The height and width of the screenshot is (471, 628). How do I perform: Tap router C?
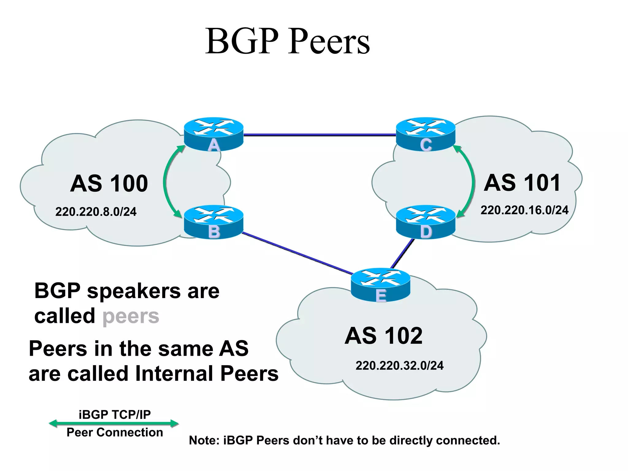(x=426, y=134)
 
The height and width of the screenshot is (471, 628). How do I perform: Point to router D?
(x=426, y=222)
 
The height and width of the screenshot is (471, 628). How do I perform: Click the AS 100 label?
(x=109, y=184)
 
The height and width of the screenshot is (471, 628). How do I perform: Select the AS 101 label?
(x=522, y=183)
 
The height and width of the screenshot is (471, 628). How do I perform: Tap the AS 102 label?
(x=384, y=336)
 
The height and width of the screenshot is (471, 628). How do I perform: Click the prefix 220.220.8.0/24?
(x=96, y=212)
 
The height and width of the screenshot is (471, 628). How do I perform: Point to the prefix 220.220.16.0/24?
(x=524, y=210)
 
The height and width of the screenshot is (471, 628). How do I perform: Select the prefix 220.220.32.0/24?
(x=400, y=366)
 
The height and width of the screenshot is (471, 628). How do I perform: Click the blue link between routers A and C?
(x=320, y=135)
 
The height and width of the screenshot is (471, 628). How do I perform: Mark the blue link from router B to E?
(x=297, y=253)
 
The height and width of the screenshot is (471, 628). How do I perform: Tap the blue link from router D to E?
(x=402, y=253)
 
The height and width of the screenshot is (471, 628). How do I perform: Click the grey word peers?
(x=131, y=316)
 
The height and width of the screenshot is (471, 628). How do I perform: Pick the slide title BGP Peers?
(x=287, y=41)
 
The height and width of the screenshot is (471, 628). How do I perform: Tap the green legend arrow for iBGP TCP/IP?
(x=114, y=423)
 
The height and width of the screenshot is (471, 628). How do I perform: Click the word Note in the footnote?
(x=204, y=440)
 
